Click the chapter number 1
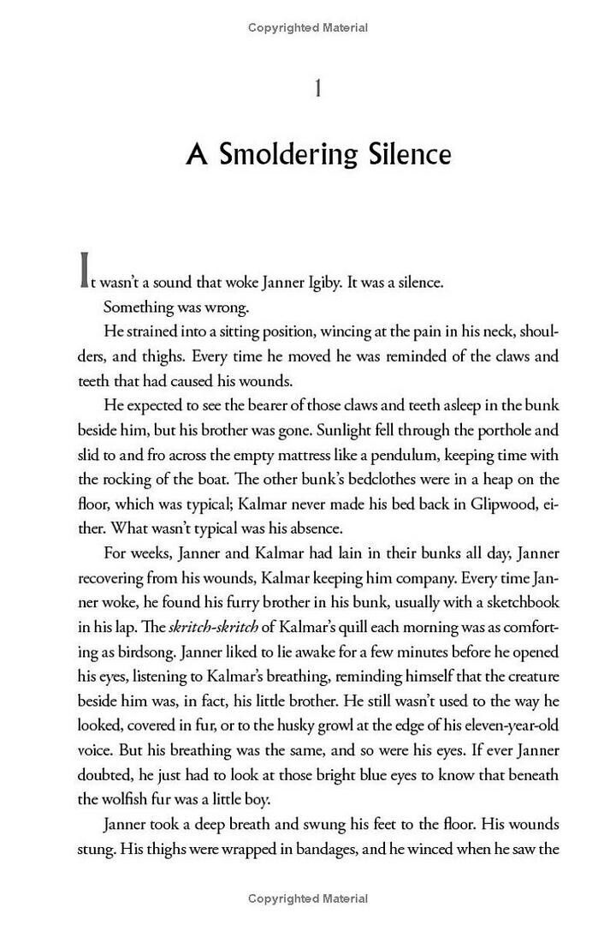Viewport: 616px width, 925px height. point(318,88)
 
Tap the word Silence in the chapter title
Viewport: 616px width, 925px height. point(406,155)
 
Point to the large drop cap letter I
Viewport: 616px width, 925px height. point(85,270)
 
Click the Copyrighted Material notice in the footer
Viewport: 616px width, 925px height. point(308,898)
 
